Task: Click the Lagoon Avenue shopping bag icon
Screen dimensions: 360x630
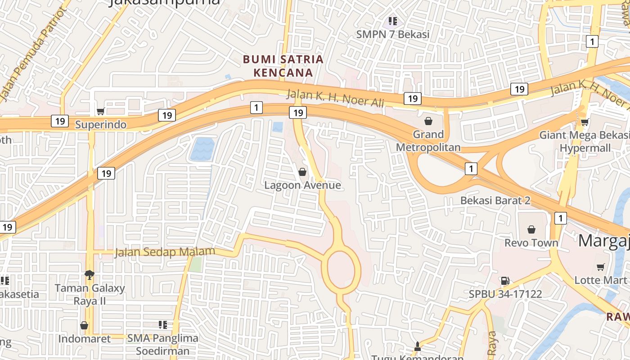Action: (x=302, y=172)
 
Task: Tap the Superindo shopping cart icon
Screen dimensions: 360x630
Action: (x=101, y=111)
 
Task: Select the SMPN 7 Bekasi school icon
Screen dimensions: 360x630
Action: (x=393, y=21)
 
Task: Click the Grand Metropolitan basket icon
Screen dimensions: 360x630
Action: (x=428, y=121)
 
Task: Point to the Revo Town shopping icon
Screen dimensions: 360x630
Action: (x=531, y=229)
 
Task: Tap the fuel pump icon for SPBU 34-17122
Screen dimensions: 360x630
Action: (x=505, y=281)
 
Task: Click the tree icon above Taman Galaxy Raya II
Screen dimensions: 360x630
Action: (x=90, y=274)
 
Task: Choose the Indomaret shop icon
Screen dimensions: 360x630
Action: (x=84, y=325)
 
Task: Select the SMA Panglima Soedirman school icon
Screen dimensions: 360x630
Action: (x=162, y=324)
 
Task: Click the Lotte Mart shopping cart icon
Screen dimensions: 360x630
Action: (x=600, y=267)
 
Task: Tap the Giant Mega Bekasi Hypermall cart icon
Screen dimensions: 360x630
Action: (x=585, y=122)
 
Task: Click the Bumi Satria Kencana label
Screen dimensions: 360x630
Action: (x=283, y=66)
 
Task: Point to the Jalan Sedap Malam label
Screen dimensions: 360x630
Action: (x=165, y=252)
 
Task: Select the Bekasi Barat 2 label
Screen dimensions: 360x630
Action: (x=495, y=200)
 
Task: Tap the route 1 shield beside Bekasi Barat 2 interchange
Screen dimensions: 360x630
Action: (x=471, y=169)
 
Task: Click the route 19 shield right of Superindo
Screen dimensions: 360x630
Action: (x=167, y=115)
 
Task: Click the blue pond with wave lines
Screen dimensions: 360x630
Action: (x=202, y=149)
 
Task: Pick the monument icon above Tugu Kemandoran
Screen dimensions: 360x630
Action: (x=417, y=346)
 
